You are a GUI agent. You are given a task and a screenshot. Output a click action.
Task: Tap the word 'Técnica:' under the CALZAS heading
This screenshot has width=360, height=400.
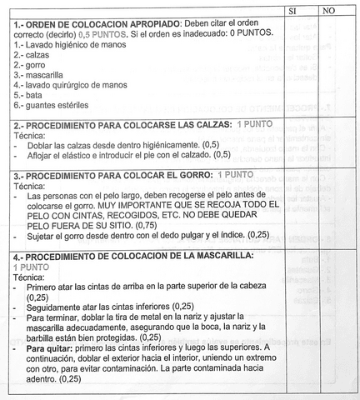tap(32, 134)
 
